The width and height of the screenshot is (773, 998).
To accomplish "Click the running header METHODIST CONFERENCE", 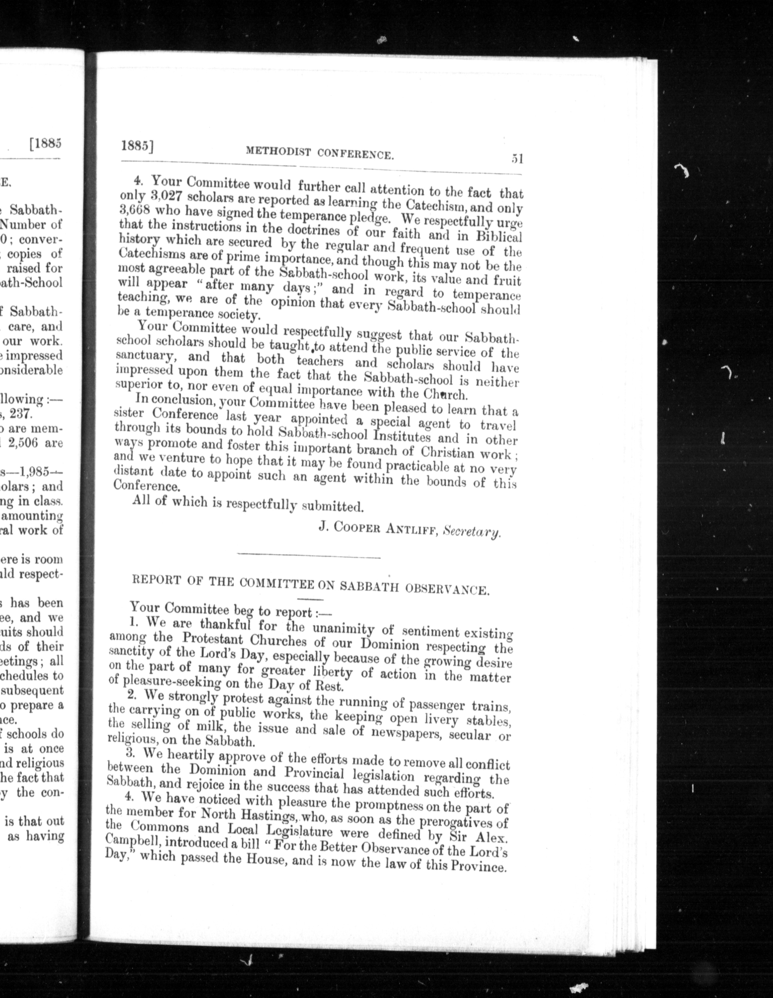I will (x=319, y=153).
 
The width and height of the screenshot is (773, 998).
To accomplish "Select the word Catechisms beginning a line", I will (x=142, y=254).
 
